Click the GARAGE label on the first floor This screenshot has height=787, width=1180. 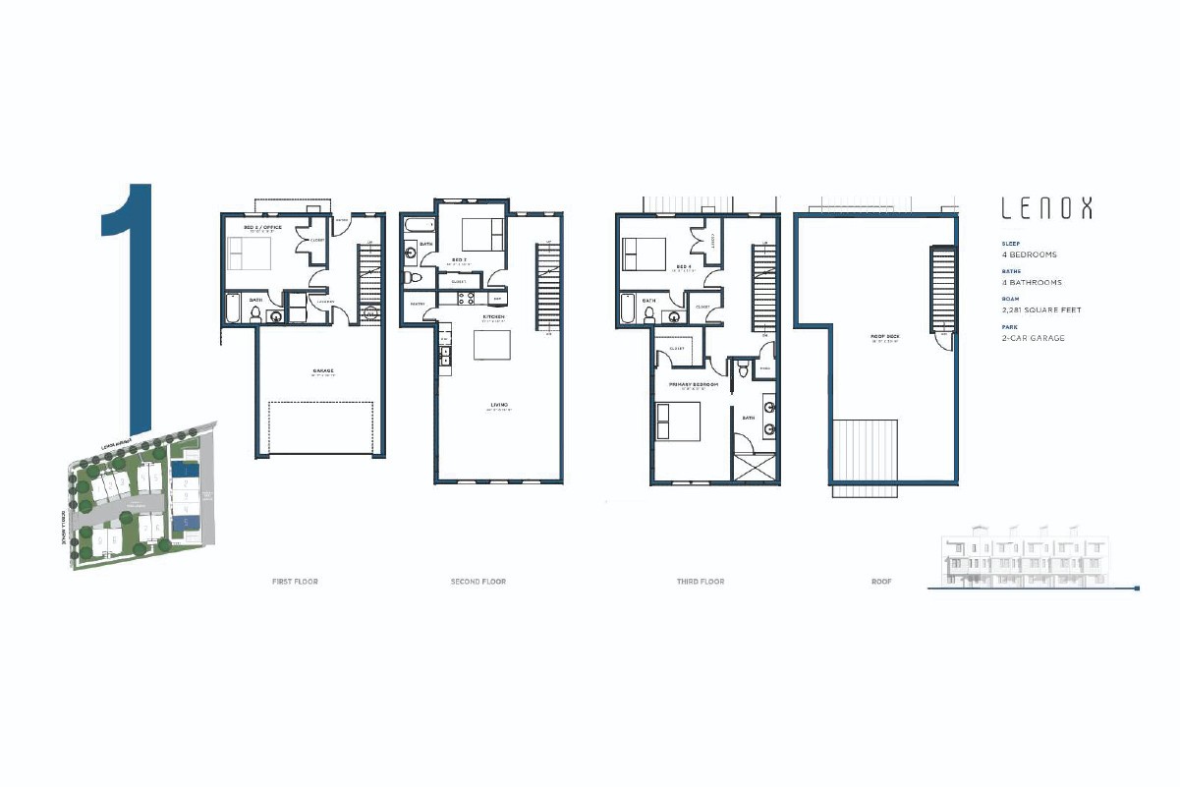click(322, 371)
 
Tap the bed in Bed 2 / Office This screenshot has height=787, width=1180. click(248, 253)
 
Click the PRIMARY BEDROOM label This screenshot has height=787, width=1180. click(694, 385)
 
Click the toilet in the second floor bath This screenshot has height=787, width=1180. click(414, 279)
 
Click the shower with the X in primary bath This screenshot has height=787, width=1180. click(753, 466)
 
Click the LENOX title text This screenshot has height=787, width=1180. click(1045, 208)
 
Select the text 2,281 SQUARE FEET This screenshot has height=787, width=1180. click(1040, 310)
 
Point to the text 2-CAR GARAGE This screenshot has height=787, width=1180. click(1033, 338)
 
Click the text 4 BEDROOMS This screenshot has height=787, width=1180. click(1029, 254)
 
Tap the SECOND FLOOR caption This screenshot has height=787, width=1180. click(478, 582)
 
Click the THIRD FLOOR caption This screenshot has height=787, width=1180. click(701, 582)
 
